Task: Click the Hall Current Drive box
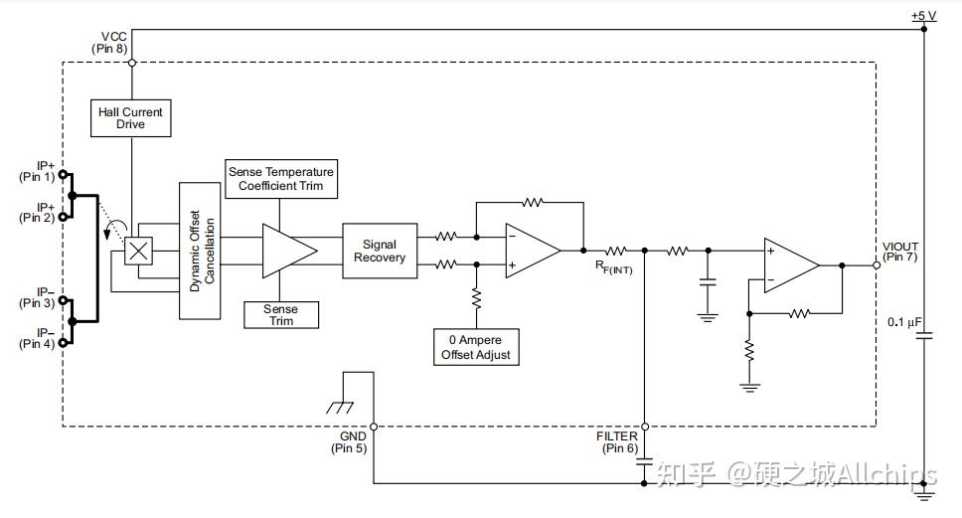[130, 117]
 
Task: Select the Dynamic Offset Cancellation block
[198, 251]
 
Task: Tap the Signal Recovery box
[379, 251]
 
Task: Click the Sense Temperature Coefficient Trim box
[281, 179]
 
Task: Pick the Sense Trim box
[281, 314]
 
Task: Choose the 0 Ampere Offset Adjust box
[477, 346]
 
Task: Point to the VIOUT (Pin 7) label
[900, 253]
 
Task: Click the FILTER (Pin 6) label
[617, 442]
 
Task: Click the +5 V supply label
[924, 16]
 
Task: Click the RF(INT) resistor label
[616, 266]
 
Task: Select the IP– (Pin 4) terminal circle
[64, 342]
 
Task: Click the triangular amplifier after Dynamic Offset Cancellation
[287, 251]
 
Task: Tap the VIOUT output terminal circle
[877, 265]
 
